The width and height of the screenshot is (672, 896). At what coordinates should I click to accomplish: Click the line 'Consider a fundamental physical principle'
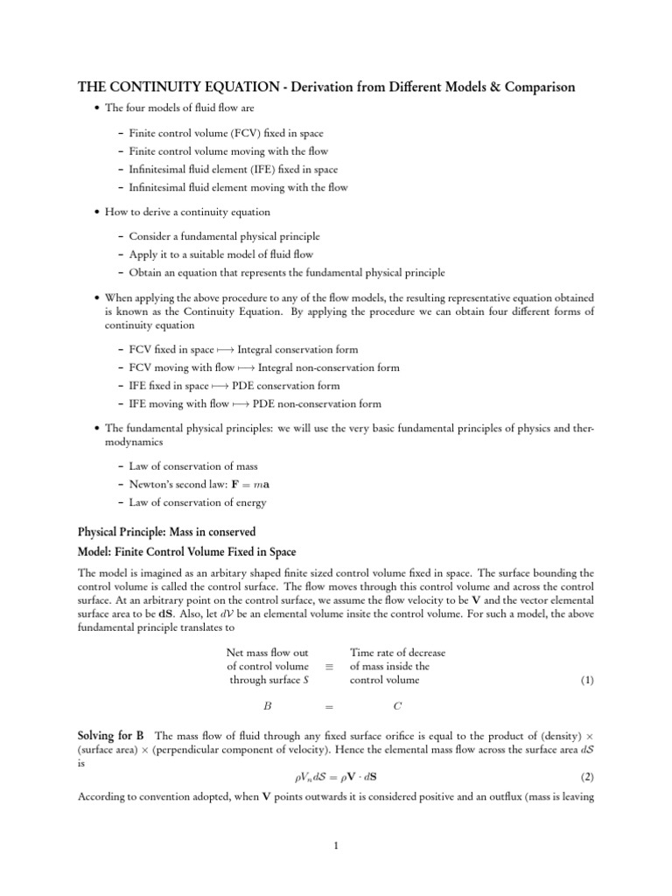pyautogui.click(x=224, y=236)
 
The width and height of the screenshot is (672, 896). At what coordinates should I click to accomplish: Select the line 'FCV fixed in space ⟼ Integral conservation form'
pyautogui.click(x=242, y=349)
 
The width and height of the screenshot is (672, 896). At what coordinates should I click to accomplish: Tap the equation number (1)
pyautogui.click(x=587, y=680)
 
